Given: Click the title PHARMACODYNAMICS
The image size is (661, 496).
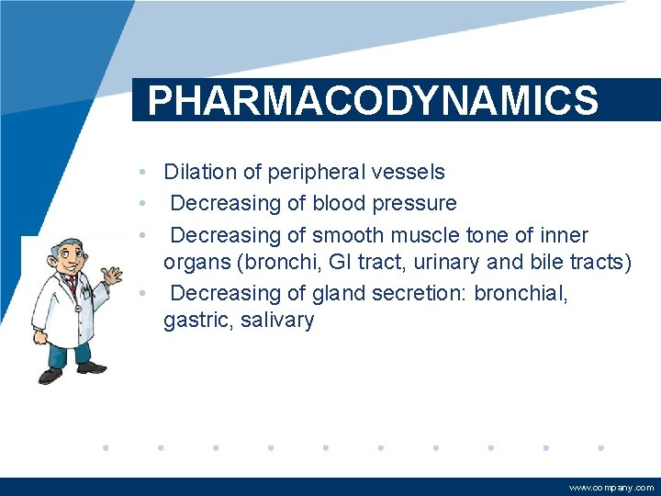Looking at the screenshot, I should (x=373, y=100).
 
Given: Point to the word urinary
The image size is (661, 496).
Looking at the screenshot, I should (x=447, y=263).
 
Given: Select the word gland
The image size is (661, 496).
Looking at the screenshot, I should (x=339, y=293).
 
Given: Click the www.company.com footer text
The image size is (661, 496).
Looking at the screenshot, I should (x=611, y=488).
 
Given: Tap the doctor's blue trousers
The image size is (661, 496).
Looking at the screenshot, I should (x=70, y=354).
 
